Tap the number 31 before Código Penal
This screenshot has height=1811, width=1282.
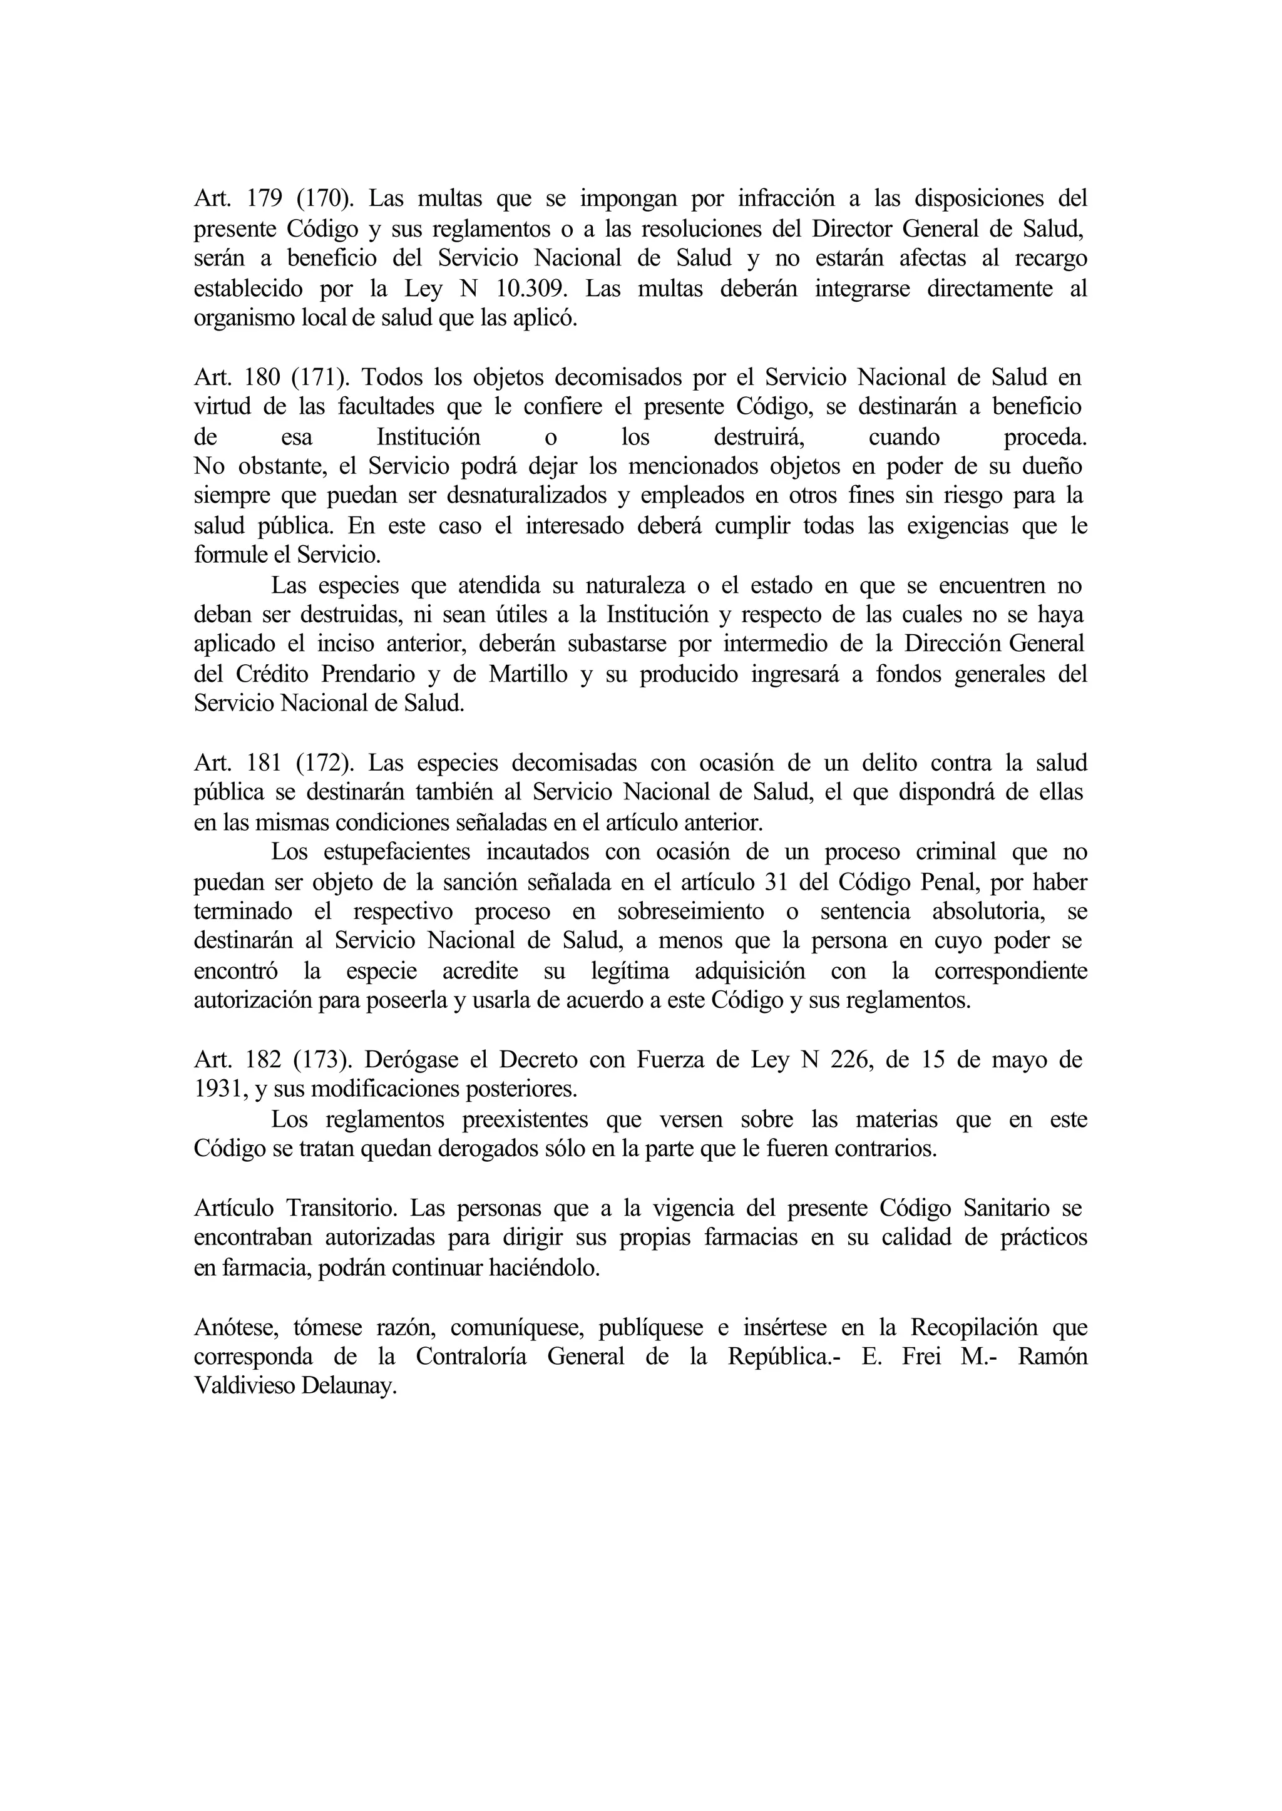coord(778,882)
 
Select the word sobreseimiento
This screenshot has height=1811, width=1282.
coord(689,912)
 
